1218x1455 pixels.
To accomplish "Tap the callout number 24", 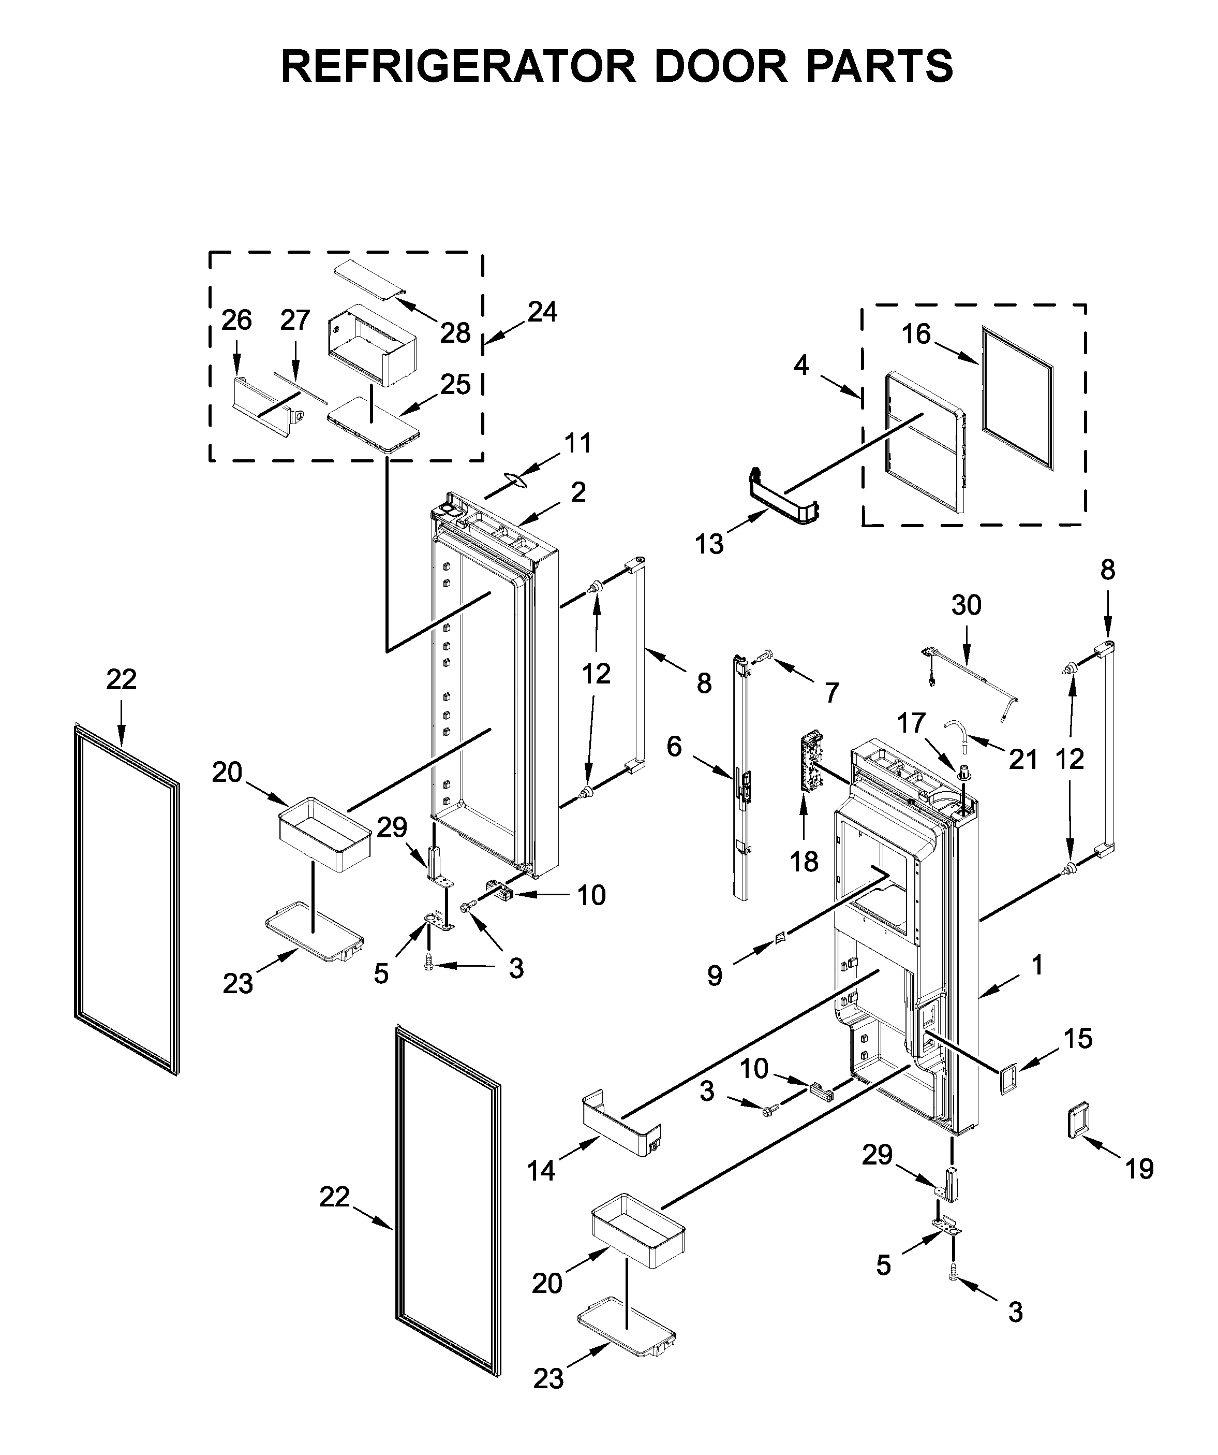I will click(542, 312).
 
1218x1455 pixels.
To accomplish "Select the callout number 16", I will click(915, 334).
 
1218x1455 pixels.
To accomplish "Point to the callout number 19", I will click(1139, 1170).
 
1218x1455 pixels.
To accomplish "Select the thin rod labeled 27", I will click(299, 385).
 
